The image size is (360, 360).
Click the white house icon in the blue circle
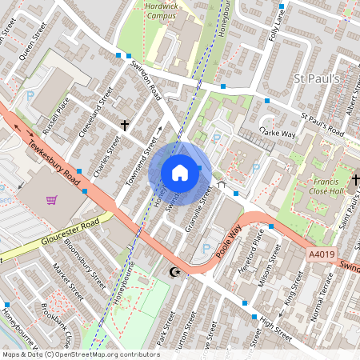point(180,173)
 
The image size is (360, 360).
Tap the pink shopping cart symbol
point(52,199)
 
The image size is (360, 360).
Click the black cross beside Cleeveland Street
point(124,125)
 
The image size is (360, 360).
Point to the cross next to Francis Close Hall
point(356,179)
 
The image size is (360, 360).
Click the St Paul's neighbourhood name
point(318,78)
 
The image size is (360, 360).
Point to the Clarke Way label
point(277,133)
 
